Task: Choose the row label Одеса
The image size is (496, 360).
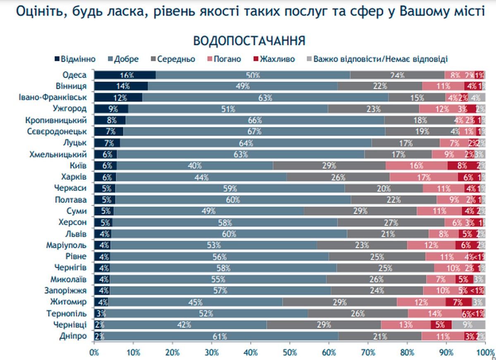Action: pyautogui.click(x=74, y=75)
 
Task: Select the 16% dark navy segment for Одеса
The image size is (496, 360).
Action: pyautogui.click(x=125, y=75)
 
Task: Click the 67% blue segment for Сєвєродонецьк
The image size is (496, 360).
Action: pyautogui.click(x=254, y=131)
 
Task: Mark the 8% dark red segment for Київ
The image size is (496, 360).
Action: pyautogui.click(x=462, y=166)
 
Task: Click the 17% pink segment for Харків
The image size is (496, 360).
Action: pyautogui.click(x=424, y=177)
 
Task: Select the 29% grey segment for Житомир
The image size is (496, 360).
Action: pyautogui.click(x=339, y=302)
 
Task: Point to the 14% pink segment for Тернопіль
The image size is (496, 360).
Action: pyautogui.click(x=435, y=313)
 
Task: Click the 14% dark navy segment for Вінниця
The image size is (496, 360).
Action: pyautogui.click(x=121, y=86)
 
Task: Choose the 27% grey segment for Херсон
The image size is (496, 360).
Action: pyautogui.click(x=391, y=222)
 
